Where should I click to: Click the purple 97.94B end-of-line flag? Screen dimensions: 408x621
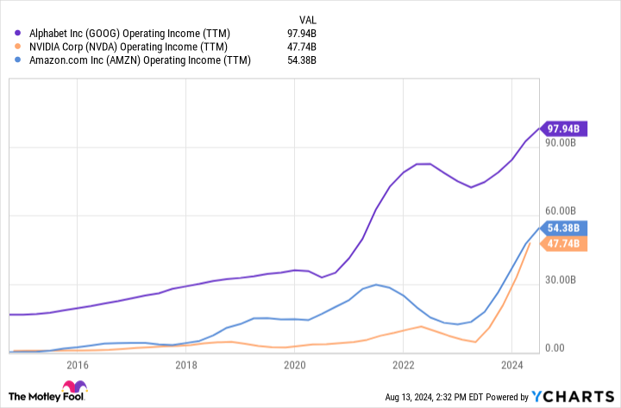click(x=564, y=129)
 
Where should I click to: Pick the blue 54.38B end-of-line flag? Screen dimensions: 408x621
click(x=564, y=229)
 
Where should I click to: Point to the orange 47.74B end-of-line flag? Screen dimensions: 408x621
click(x=564, y=244)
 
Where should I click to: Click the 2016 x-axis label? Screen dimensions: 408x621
click(x=78, y=364)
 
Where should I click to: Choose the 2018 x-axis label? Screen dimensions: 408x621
click(x=186, y=364)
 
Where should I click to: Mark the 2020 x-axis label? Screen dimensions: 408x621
click(x=295, y=364)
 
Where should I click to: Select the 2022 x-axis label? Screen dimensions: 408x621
click(x=404, y=364)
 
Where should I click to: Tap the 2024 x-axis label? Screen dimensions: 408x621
click(x=512, y=364)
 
